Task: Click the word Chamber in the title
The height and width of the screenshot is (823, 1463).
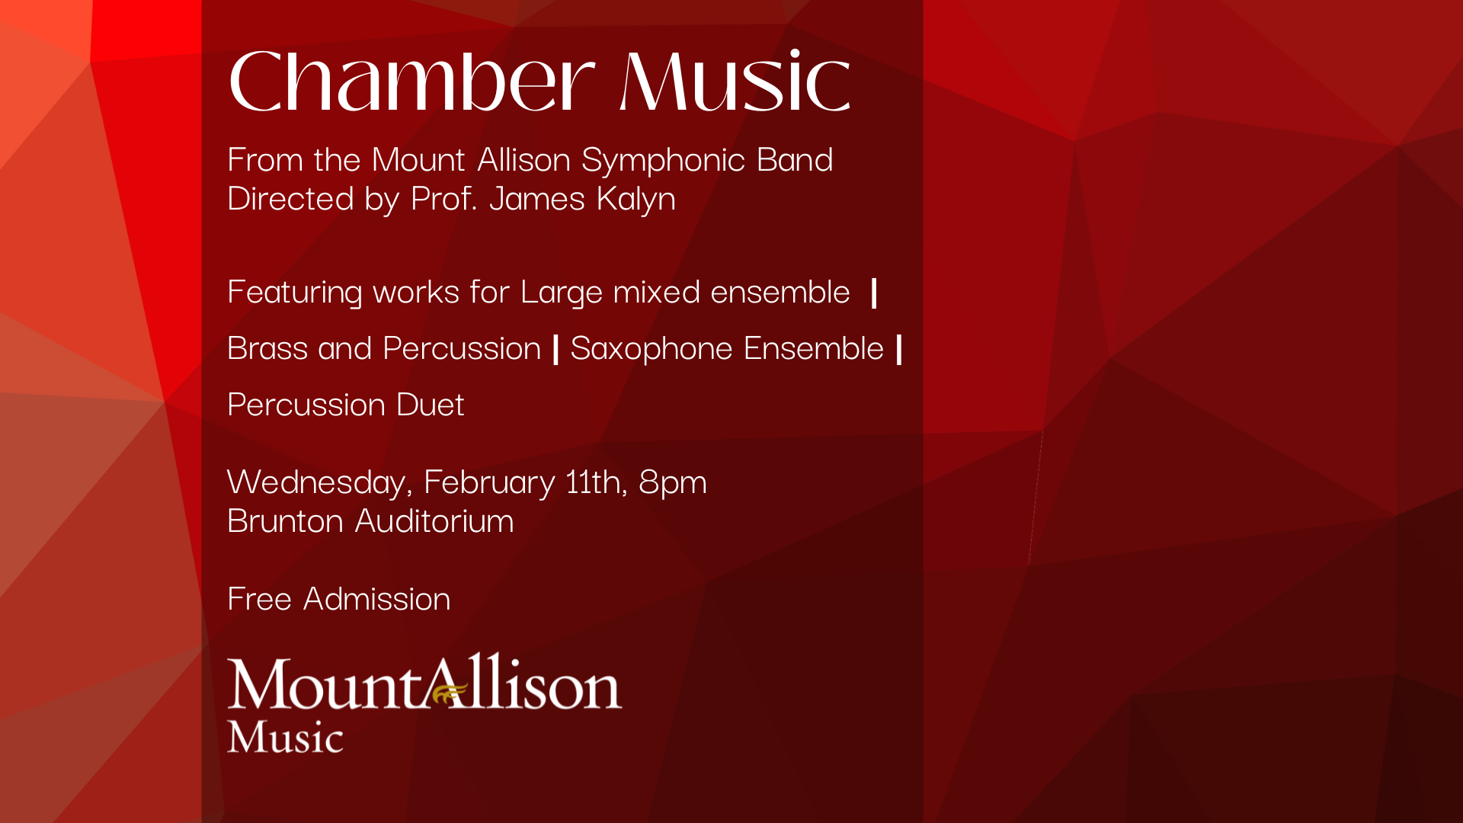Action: point(411,81)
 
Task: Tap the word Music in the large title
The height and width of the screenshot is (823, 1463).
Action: point(735,81)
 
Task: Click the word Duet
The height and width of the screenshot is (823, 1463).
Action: point(431,405)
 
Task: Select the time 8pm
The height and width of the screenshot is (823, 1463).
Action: point(673,483)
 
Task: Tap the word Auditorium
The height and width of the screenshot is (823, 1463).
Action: point(434,522)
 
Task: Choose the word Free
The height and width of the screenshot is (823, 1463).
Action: point(260,600)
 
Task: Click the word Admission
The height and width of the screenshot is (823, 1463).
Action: point(377,600)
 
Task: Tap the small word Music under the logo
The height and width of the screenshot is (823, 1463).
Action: point(286,737)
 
